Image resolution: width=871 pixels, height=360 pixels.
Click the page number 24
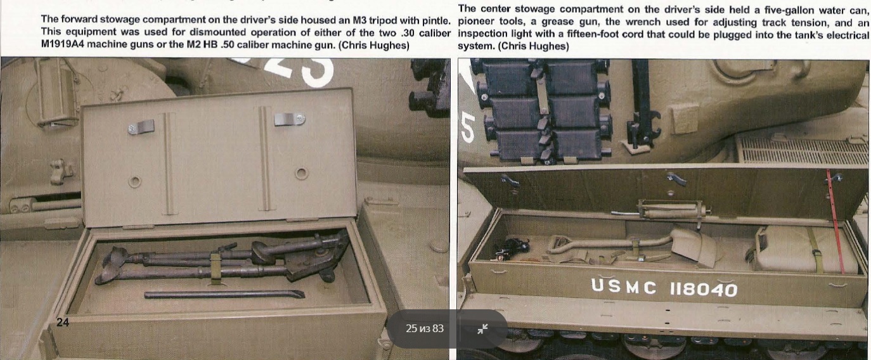[63, 323]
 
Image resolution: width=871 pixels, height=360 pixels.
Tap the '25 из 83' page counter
[425, 328]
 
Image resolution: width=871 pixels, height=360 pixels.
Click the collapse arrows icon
[482, 329]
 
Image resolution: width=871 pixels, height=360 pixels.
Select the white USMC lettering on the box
[623, 287]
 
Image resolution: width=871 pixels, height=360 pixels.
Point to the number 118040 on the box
[703, 289]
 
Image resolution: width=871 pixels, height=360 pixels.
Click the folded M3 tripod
[222, 259]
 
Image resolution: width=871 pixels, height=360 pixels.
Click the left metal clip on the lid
[141, 127]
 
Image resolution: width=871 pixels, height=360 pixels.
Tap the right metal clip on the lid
[290, 119]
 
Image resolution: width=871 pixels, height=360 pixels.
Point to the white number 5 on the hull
[468, 127]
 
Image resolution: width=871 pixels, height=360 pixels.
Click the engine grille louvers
[802, 150]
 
